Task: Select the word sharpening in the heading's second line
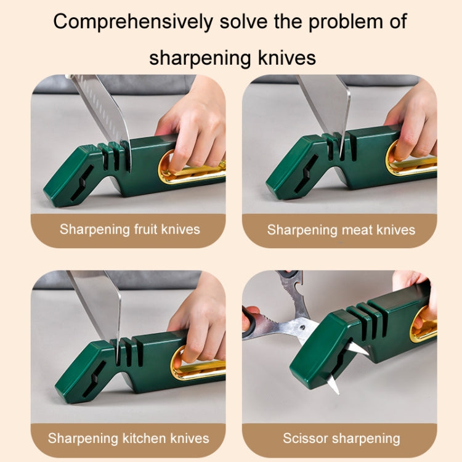[197, 58]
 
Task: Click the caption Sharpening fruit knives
[129, 230]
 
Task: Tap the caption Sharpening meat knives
[341, 230]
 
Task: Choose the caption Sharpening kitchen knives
[128, 439]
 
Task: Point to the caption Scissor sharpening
[341, 439]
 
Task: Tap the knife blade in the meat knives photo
[325, 105]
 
